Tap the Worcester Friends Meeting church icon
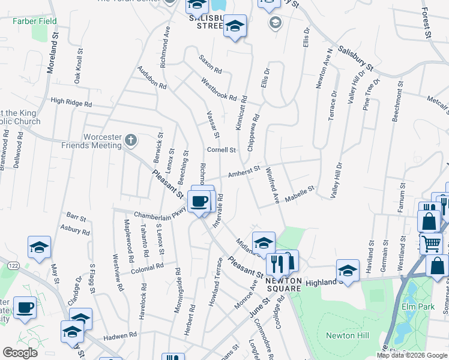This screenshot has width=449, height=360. pyautogui.click(x=131, y=140)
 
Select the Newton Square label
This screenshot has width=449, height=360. pyautogui.click(x=283, y=284)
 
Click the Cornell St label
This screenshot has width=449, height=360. pyautogui.click(x=221, y=149)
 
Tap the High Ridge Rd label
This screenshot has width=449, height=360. pyautogui.click(x=71, y=103)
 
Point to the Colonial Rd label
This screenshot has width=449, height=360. pyautogui.click(x=144, y=268)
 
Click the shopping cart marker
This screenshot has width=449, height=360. pyautogui.click(x=431, y=244)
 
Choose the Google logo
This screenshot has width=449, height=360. pyautogui.click(x=20, y=353)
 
